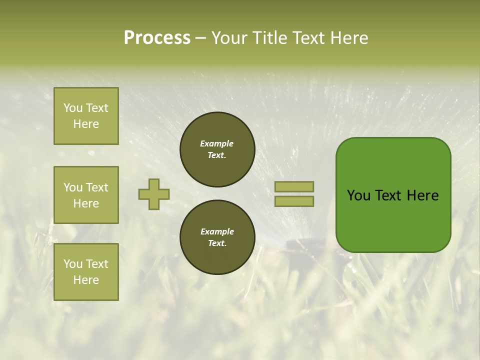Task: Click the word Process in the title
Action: tap(157, 37)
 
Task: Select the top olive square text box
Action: tap(86, 116)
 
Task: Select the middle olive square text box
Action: tap(86, 195)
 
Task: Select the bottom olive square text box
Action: tap(86, 272)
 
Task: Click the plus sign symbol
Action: tap(154, 194)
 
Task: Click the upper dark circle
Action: tap(217, 149)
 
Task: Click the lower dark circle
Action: tap(217, 237)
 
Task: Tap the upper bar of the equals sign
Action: tap(294, 187)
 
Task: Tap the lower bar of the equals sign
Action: tap(294, 201)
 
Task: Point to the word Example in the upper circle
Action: tap(216, 143)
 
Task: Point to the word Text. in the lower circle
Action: tap(217, 243)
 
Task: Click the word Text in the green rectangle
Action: tap(388, 195)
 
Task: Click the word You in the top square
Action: tap(73, 108)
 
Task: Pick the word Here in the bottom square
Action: tap(86, 280)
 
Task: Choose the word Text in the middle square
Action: tap(97, 187)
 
